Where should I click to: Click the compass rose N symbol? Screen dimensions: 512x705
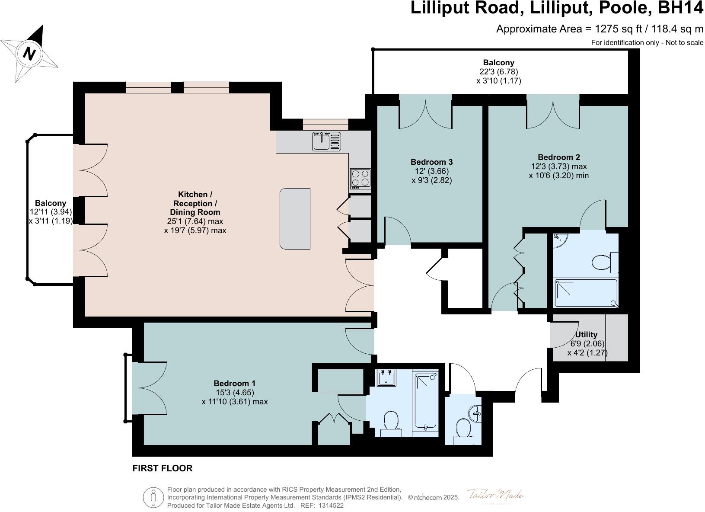click(x=29, y=54)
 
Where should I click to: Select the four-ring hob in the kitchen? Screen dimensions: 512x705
click(x=360, y=178)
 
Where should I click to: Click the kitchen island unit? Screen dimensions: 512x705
click(x=295, y=218)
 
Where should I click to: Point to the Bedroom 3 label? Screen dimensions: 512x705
click(x=431, y=162)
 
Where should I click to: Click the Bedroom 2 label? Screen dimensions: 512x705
click(x=558, y=157)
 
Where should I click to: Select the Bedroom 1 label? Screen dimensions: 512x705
click(x=234, y=383)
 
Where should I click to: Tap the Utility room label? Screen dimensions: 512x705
click(x=586, y=334)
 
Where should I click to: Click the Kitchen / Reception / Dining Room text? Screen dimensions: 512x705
click(x=195, y=203)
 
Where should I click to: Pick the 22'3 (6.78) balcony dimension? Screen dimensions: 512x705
click(x=498, y=72)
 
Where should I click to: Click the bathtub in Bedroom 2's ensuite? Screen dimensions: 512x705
click(x=586, y=293)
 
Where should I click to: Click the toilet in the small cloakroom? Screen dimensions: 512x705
click(x=463, y=429)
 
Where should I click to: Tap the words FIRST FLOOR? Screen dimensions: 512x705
click(x=162, y=468)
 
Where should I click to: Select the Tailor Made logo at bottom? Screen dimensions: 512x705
click(x=495, y=495)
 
